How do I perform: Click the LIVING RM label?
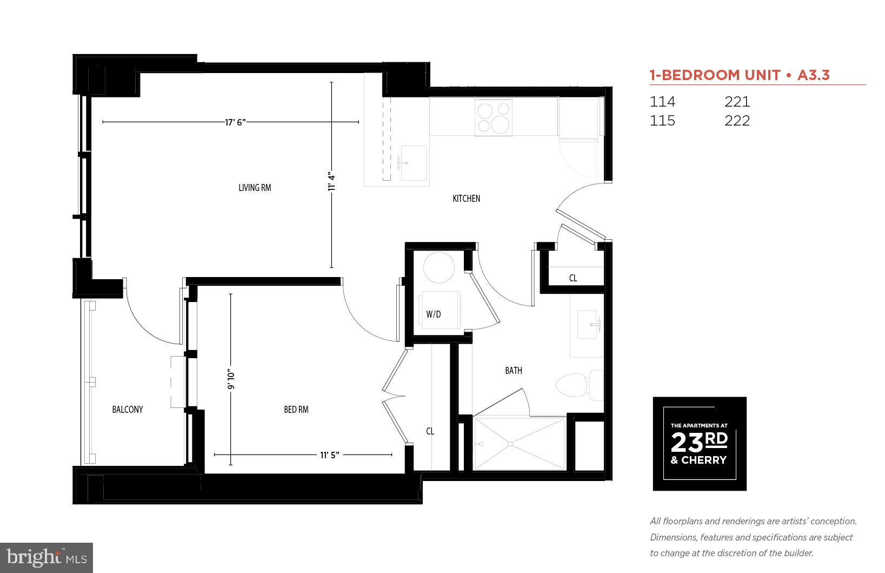[x=255, y=188]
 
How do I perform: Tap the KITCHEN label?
[x=466, y=199]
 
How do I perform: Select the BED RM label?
[x=296, y=410]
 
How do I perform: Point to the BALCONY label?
[x=128, y=410]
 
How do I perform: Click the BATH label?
[x=514, y=371]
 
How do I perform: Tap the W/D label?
[x=434, y=314]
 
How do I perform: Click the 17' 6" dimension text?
[x=236, y=122]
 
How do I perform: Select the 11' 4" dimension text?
[x=332, y=181]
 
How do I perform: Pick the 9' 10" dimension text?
[x=231, y=379]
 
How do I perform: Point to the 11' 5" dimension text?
[x=329, y=455]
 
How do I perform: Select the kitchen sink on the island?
[x=414, y=163]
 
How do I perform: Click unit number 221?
[x=737, y=102]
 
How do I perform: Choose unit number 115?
[x=662, y=121]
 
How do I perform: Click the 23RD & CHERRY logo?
[x=700, y=444]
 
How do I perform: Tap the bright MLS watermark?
[x=46, y=557]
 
